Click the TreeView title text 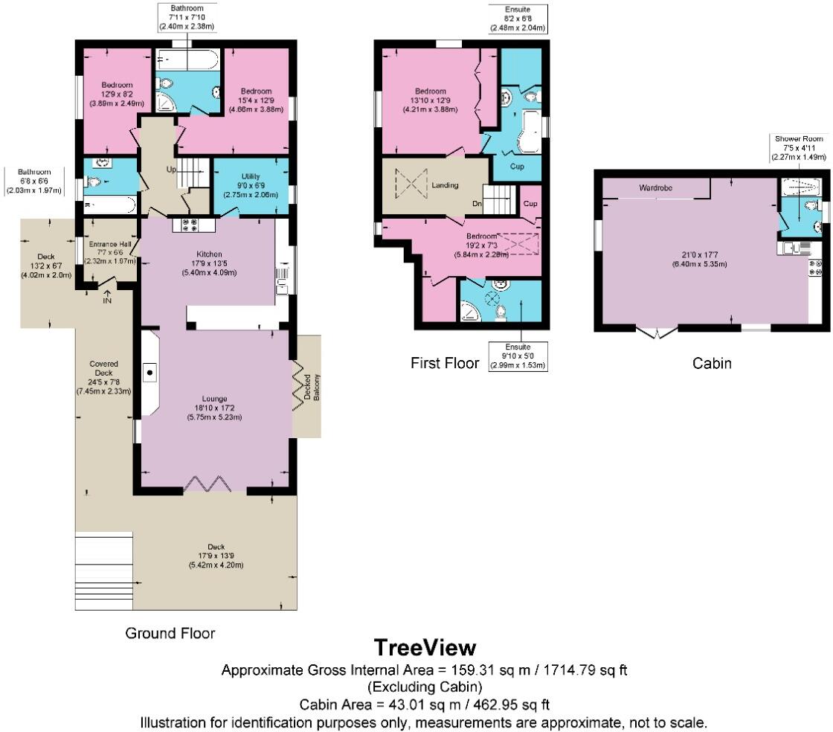pos(425,647)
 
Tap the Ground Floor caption pos(170,633)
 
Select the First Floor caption pos(445,363)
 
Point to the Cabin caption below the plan pos(712,363)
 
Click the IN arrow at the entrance pos(107,296)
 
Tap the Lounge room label pos(215,399)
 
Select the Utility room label pos(251,176)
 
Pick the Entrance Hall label pos(110,244)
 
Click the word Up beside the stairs pos(171,170)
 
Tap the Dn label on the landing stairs pos(477,204)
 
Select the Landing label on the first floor pos(445,185)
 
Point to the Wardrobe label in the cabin pos(655,188)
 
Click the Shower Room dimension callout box pos(799,148)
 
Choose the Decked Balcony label pos(312,388)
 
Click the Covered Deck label pos(103,368)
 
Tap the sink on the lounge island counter pos(149,373)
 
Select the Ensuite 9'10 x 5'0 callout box pos(518,356)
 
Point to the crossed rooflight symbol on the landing pos(411,184)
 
